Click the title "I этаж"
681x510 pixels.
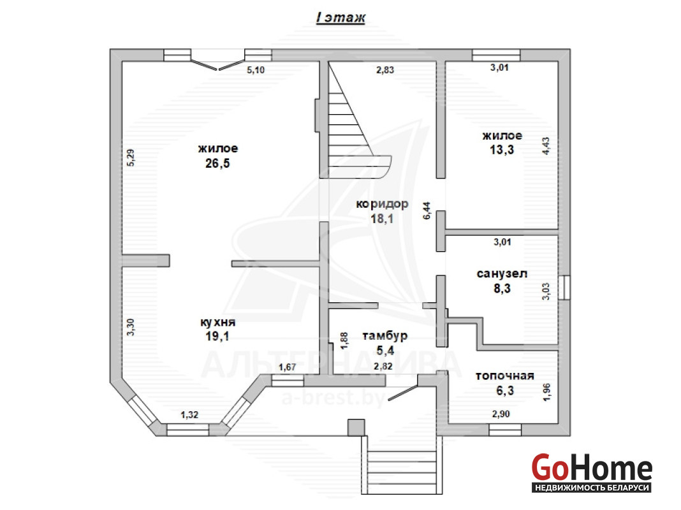coord(340,18)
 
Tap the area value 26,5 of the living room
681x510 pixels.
coord(217,164)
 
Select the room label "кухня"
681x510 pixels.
coord(217,323)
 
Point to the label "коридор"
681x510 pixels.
coord(382,204)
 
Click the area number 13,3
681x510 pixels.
coord(502,150)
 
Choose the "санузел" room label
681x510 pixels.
coord(502,274)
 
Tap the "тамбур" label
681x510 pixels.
coord(384,336)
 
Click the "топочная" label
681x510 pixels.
coord(504,376)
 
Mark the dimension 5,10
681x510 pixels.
coord(256,70)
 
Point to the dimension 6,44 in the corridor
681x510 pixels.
coord(427,210)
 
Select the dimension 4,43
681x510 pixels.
coord(546,146)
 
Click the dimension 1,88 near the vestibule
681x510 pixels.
coord(344,340)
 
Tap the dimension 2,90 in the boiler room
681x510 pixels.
coord(501,414)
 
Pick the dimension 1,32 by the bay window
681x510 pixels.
coord(189,415)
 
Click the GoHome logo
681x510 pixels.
coord(592,472)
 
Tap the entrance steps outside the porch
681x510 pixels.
coord(402,465)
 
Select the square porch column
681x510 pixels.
coord(356,427)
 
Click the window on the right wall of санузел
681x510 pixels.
coord(564,288)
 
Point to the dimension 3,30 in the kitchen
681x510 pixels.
coord(131,327)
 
